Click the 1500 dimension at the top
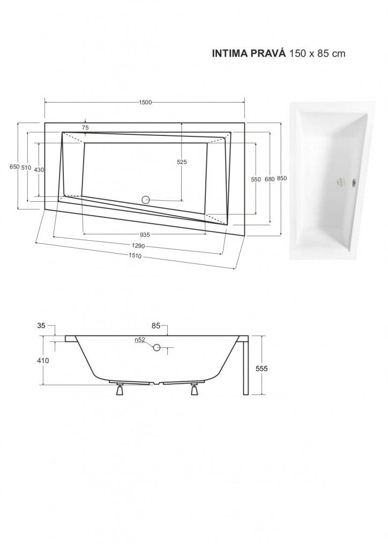145,102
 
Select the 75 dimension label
85,128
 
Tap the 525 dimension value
182,162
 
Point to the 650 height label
14,167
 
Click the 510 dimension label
26,168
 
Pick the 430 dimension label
39,170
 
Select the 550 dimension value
256,179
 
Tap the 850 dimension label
282,178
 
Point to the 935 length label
145,234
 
